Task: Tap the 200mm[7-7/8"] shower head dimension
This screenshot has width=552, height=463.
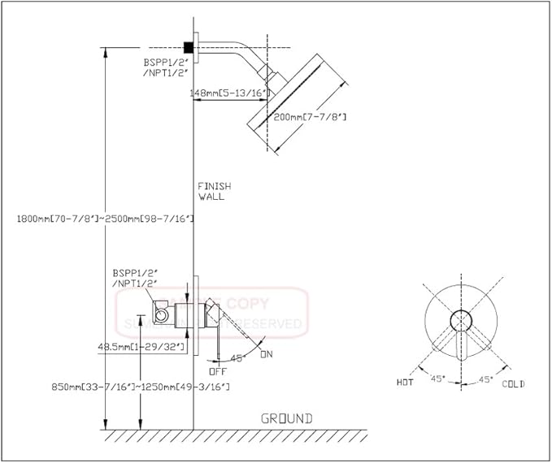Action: point(310,118)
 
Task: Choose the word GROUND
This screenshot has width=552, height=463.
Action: point(286,418)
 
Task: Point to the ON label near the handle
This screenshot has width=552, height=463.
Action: point(266,354)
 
